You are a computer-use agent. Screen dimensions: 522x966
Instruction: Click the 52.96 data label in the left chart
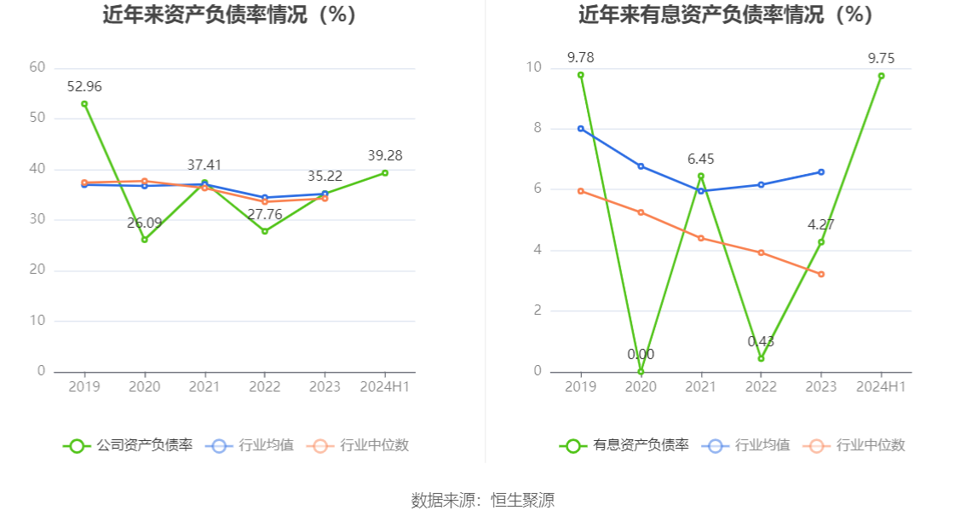pos(84,86)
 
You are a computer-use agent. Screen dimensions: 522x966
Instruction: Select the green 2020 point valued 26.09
pos(145,240)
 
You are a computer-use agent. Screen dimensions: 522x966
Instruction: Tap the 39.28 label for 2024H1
pos(385,155)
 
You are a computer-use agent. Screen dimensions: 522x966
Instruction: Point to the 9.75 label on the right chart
pos(881,58)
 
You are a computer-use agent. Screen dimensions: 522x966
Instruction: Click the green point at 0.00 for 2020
pos(641,372)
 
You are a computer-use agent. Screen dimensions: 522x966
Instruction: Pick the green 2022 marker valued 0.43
pos(761,358)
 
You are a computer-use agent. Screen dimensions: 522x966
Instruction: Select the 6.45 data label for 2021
pos(701,159)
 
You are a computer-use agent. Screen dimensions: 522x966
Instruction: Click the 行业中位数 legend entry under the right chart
pos(870,445)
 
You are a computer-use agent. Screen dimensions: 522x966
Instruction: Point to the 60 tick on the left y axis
pos(37,67)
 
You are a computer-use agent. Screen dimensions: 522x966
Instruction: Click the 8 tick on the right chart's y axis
pos(537,128)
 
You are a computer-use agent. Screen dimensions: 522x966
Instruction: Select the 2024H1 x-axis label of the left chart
pos(385,386)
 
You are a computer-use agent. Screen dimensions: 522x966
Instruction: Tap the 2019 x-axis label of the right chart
pos(581,386)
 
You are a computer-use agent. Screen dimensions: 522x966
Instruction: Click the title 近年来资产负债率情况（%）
pos(229,14)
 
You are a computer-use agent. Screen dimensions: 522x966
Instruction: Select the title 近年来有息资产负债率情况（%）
pos(726,14)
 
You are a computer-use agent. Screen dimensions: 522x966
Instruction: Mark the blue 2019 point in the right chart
pos(581,129)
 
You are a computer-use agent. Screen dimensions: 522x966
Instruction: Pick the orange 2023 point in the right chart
pos(821,274)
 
